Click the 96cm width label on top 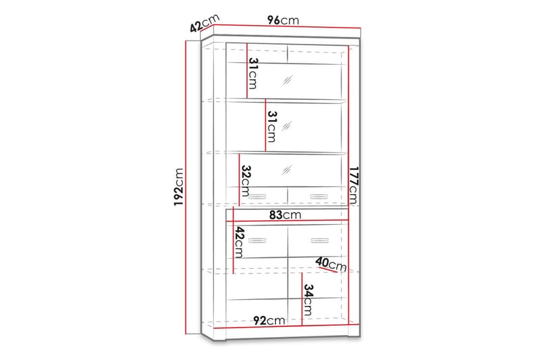282,20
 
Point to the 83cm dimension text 282,215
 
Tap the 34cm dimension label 308,301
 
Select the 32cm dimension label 246,180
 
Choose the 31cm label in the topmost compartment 252,74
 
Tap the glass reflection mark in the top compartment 288,79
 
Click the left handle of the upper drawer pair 257,197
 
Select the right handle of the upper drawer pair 318,197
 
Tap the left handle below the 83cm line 257,240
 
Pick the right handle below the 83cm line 318,240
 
